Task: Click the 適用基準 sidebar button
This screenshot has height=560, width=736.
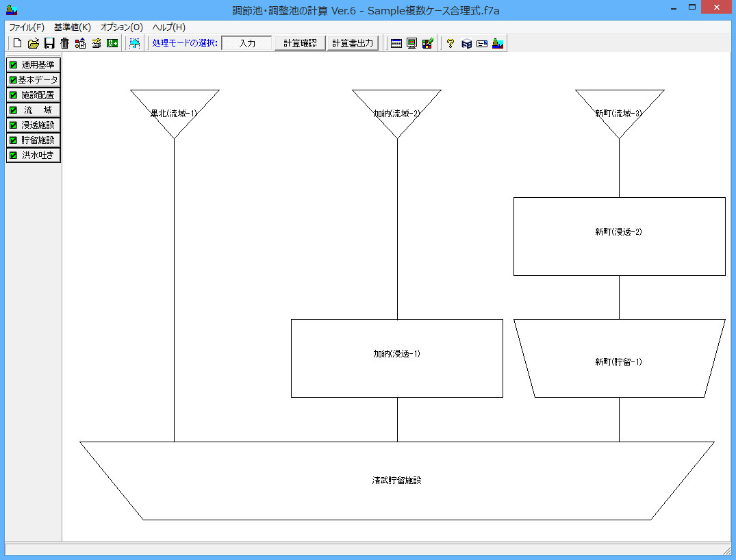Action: click(x=34, y=65)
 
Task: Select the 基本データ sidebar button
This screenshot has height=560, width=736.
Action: click(x=34, y=80)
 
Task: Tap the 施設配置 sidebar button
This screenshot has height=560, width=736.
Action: click(x=34, y=95)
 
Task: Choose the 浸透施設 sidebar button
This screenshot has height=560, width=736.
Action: click(x=34, y=125)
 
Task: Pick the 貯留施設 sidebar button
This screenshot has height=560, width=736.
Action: click(x=34, y=140)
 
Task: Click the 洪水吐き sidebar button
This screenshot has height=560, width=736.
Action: click(x=34, y=155)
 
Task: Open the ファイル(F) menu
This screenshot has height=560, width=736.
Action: click(x=27, y=27)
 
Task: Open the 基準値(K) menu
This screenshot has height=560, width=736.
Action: click(x=73, y=27)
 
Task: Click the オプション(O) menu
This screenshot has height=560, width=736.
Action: click(x=122, y=27)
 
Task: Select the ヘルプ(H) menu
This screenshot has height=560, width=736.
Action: click(x=169, y=27)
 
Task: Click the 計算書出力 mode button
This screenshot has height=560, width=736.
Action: click(x=353, y=43)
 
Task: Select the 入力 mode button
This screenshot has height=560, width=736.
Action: click(x=247, y=43)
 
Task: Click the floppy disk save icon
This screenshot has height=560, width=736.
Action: click(x=49, y=43)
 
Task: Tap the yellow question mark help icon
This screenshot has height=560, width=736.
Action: click(x=451, y=43)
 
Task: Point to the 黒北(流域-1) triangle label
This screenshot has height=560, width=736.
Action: click(x=174, y=113)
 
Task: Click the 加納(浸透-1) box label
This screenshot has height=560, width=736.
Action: click(x=397, y=353)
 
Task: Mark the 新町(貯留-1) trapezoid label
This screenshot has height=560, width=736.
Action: click(x=619, y=361)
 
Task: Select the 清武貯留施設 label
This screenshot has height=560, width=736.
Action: click(x=396, y=480)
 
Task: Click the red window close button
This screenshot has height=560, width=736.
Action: click(x=716, y=7)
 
